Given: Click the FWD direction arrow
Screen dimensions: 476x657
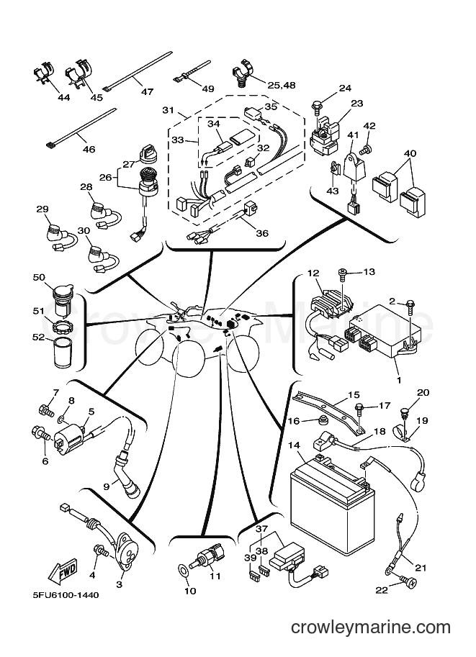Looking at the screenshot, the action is tap(63, 570).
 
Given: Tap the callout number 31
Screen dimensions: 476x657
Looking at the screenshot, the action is tap(169, 110).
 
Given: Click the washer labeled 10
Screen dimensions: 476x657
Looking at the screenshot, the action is tap(183, 570).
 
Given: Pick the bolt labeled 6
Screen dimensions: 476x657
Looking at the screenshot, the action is tap(41, 433).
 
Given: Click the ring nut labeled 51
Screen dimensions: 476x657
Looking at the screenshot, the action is tap(61, 324).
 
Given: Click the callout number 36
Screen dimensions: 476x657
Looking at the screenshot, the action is tap(261, 233).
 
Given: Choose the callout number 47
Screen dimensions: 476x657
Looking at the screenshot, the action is tap(147, 91).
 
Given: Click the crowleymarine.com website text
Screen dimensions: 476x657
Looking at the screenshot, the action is tap(371, 627).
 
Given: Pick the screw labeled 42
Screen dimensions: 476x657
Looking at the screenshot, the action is tap(366, 148).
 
